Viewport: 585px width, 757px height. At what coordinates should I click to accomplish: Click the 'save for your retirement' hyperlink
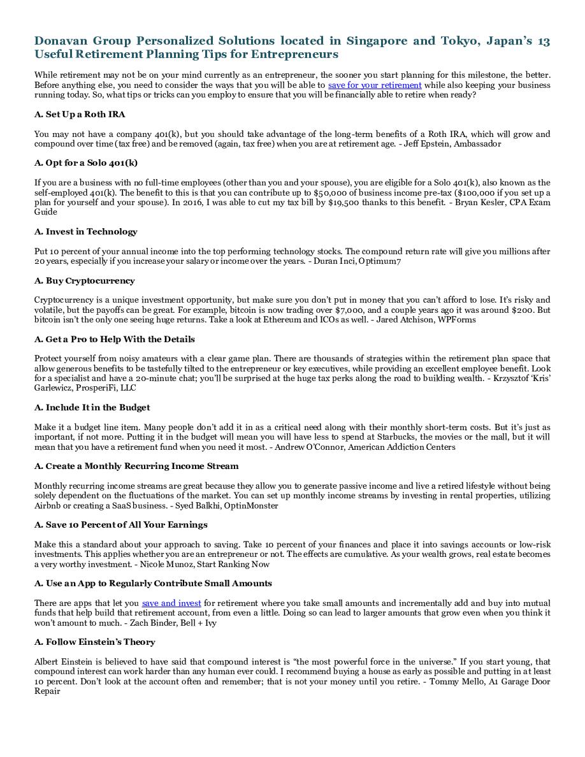coord(375,85)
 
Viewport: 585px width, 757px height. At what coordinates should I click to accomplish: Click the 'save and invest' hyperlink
coord(171,603)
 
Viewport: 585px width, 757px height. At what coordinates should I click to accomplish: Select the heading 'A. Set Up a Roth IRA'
coord(80,115)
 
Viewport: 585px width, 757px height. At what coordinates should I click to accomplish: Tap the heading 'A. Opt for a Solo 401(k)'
coord(86,163)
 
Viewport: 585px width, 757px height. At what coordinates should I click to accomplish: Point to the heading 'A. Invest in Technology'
coord(85,232)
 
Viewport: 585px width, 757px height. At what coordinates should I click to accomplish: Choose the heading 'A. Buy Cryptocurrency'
coord(84,281)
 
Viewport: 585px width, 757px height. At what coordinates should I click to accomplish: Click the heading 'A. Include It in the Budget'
coord(92,408)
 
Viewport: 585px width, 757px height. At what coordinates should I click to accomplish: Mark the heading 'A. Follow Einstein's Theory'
coord(94,642)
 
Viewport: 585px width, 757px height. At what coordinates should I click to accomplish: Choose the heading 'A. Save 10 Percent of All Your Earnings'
coord(120,525)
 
